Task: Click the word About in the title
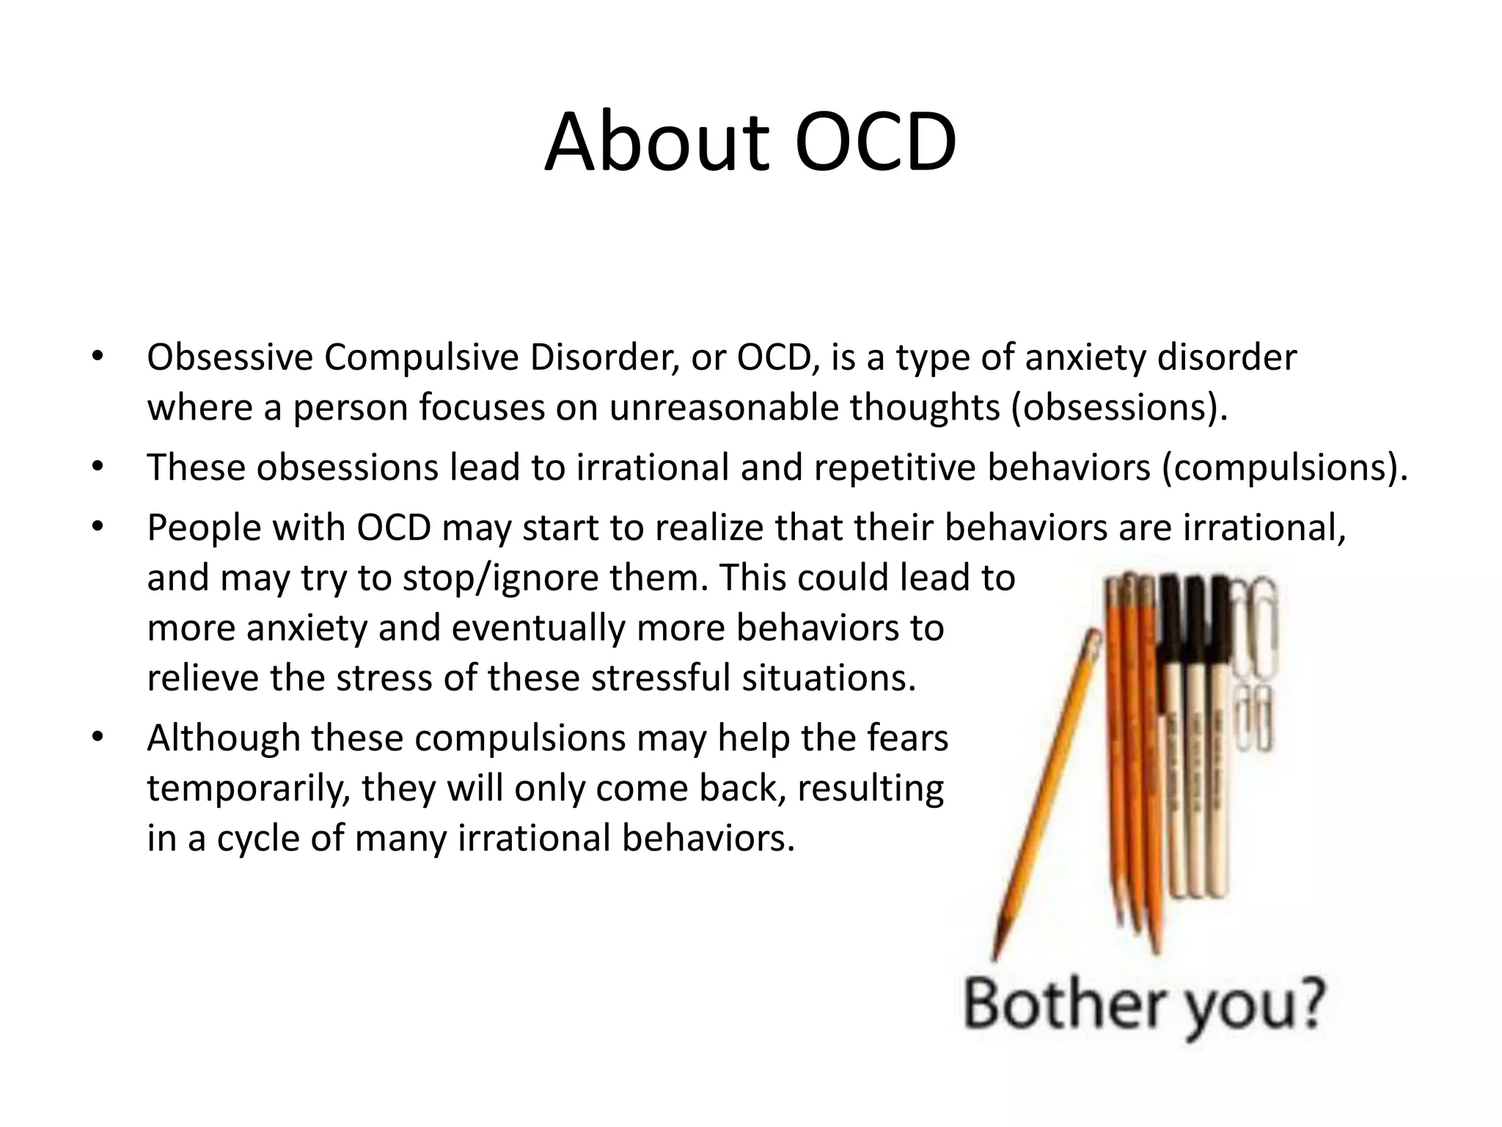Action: click(x=657, y=143)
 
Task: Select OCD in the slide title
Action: click(x=876, y=143)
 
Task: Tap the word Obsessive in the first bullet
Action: click(x=230, y=358)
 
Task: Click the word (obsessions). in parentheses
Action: click(x=1119, y=408)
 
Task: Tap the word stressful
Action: click(x=660, y=678)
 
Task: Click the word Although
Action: click(x=224, y=738)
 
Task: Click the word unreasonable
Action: click(x=723, y=408)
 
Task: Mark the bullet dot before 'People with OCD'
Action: click(x=98, y=527)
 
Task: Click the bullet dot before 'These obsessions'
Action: click(x=98, y=467)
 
